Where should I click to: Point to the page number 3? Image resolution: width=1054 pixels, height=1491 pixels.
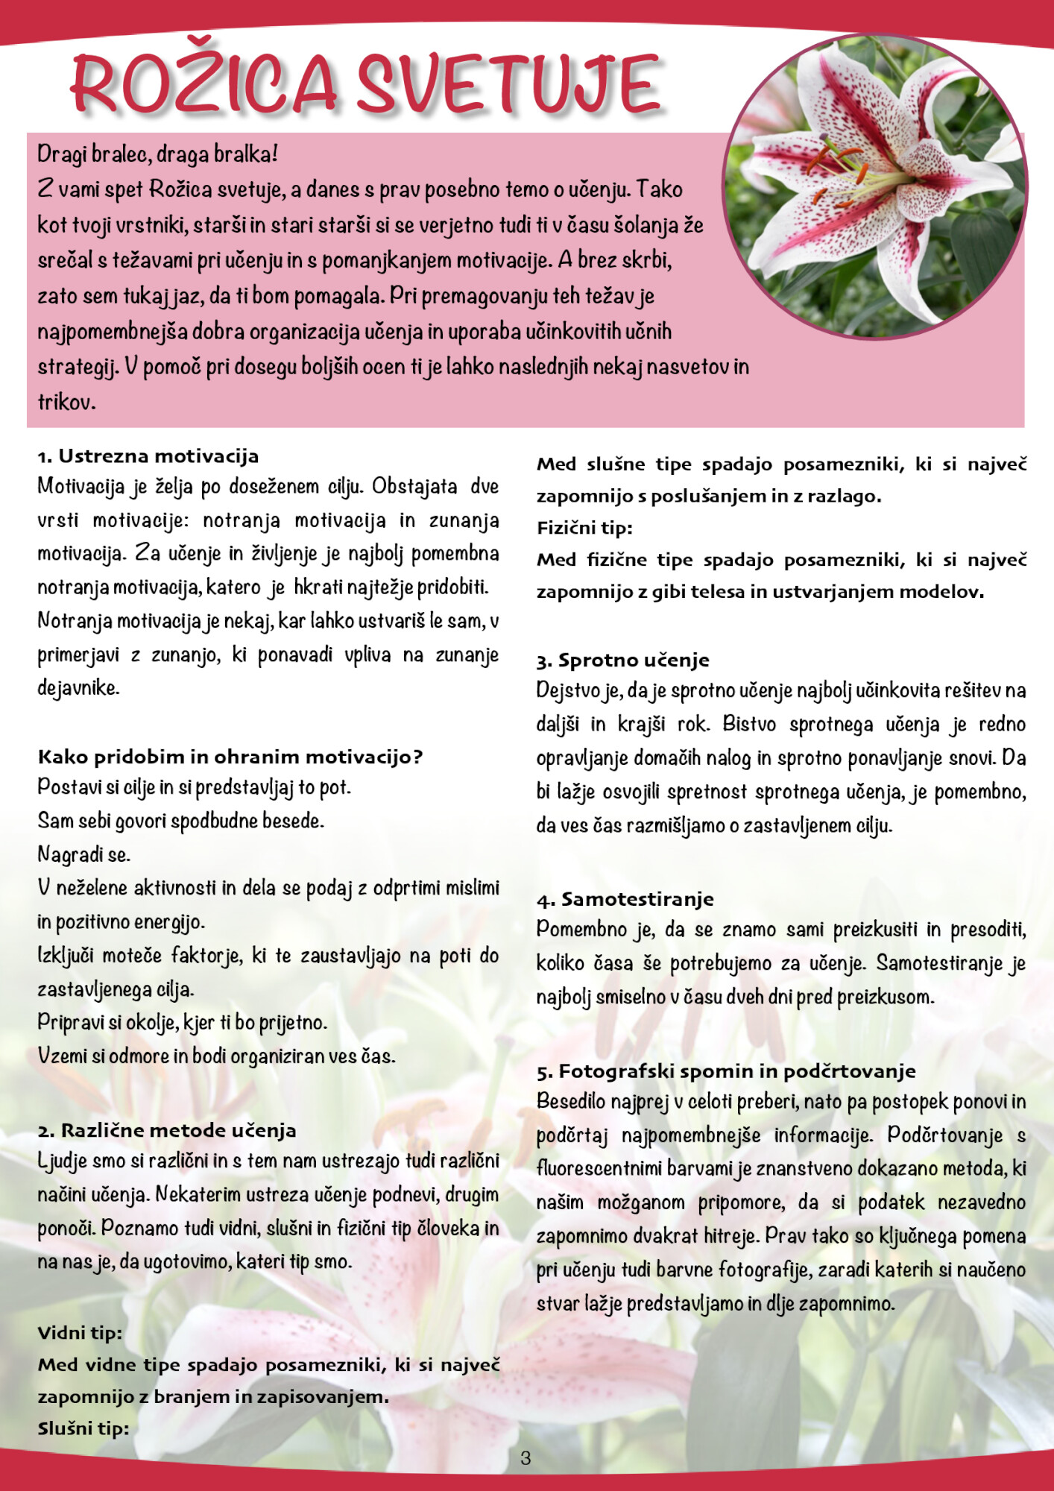(x=526, y=1458)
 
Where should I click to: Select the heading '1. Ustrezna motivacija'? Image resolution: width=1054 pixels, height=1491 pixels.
(x=148, y=456)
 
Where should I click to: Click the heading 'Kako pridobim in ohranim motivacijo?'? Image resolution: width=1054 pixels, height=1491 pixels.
(x=230, y=757)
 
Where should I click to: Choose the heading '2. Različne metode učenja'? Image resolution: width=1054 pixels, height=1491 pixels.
(x=167, y=1131)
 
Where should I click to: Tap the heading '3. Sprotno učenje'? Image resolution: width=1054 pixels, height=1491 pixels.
(x=622, y=661)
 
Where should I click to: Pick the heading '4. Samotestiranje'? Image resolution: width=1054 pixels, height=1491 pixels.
(x=625, y=900)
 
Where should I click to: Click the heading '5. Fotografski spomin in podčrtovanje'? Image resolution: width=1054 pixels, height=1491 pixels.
(x=726, y=1072)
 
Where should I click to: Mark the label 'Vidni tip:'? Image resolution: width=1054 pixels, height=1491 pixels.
(x=80, y=1333)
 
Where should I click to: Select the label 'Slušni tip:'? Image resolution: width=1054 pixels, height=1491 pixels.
(x=83, y=1429)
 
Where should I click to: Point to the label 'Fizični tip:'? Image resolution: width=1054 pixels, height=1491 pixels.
(x=584, y=529)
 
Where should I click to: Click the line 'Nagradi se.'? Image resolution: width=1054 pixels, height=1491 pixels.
(x=84, y=854)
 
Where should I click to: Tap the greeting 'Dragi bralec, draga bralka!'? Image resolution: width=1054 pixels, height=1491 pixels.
(x=157, y=154)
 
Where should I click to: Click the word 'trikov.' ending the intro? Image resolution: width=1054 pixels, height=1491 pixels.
(x=67, y=403)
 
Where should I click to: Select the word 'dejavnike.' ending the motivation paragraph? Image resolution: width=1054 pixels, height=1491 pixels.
(x=78, y=688)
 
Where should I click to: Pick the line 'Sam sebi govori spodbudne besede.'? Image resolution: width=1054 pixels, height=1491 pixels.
(x=181, y=821)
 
